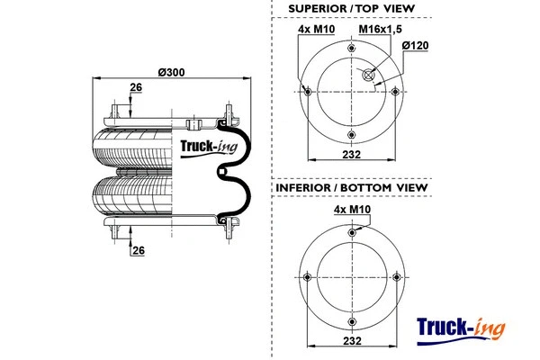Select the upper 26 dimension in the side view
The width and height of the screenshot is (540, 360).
136,87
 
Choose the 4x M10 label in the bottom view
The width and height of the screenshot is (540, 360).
351,209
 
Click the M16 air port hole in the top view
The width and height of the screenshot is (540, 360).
366,76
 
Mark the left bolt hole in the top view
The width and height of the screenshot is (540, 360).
309,90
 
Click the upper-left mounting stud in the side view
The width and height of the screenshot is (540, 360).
114,112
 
